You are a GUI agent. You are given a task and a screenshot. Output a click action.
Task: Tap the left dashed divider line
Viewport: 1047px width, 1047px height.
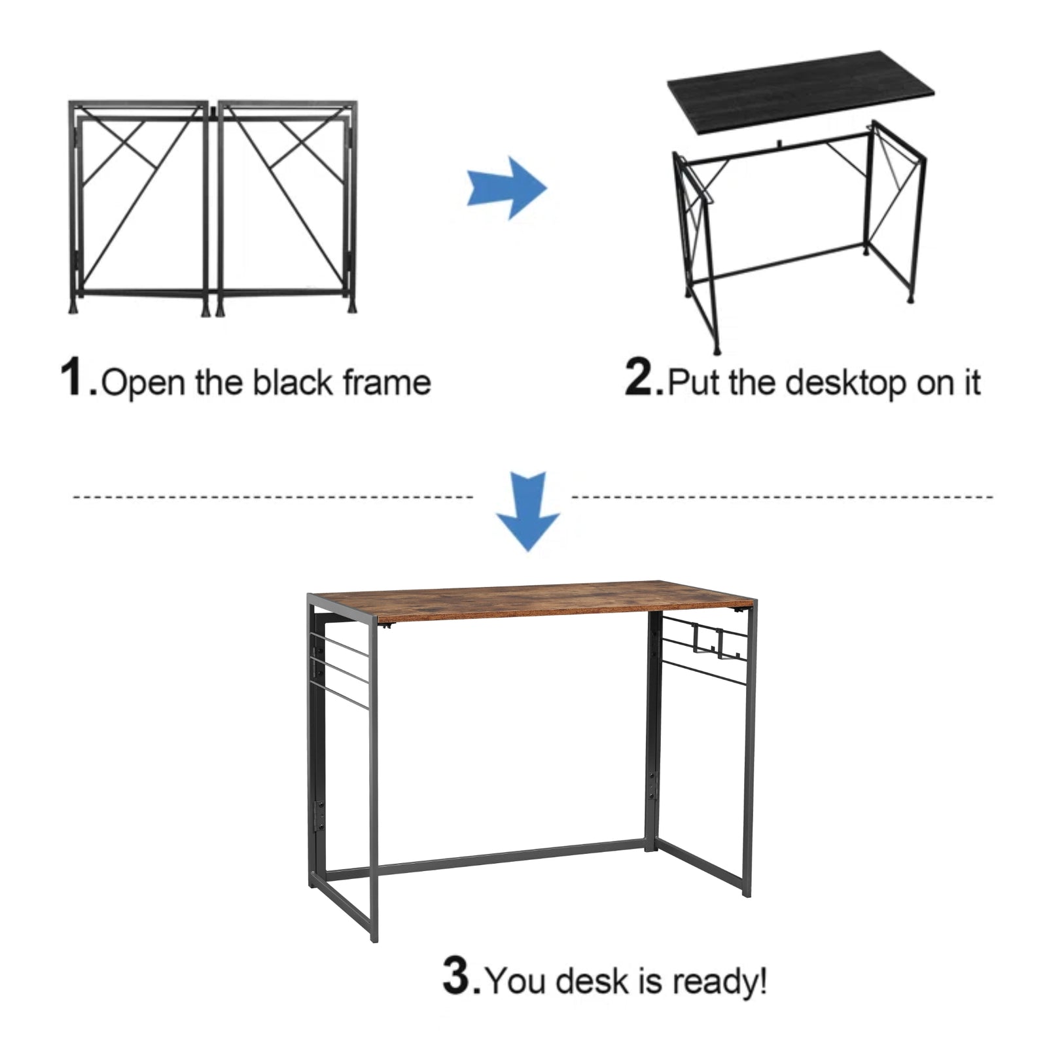pos(272,497)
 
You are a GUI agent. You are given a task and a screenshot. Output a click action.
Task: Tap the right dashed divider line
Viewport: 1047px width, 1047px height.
pos(782,497)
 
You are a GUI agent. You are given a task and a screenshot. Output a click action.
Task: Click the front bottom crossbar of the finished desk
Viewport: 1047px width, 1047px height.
pos(510,859)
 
